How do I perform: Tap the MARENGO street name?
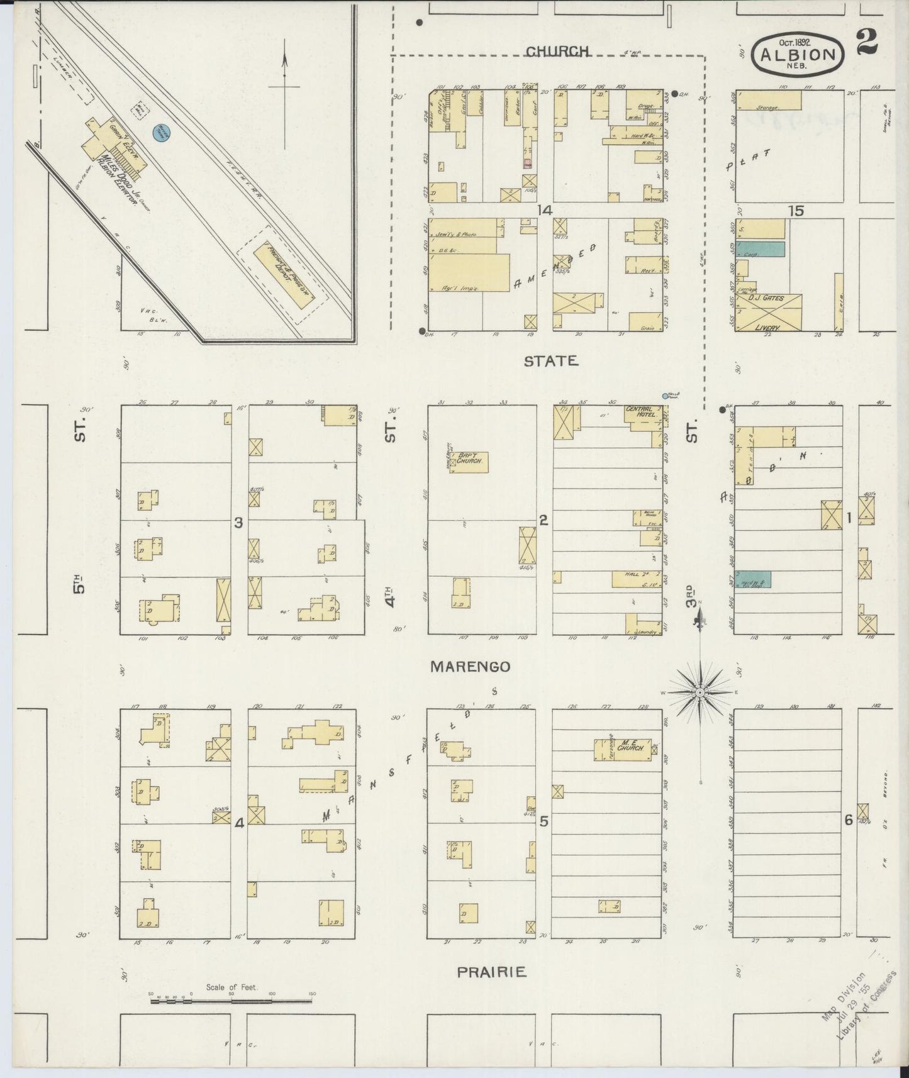pyautogui.click(x=470, y=667)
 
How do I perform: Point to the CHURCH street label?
pyautogui.click(x=557, y=51)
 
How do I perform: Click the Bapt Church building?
pyautogui.click(x=469, y=462)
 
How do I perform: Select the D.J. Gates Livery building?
pyautogui.click(x=769, y=313)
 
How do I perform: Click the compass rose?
pyautogui.click(x=700, y=692)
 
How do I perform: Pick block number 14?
pyautogui.click(x=544, y=211)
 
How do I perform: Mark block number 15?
pyautogui.click(x=796, y=211)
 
